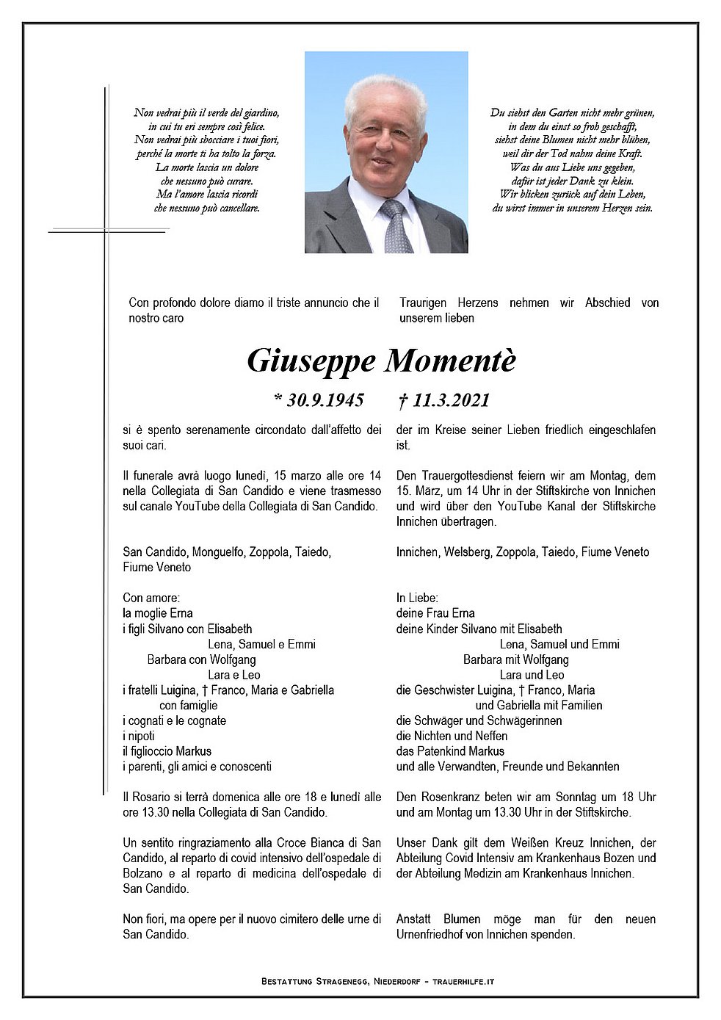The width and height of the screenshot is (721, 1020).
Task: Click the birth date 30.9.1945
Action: click(324, 400)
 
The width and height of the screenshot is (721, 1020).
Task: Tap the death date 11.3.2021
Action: click(450, 400)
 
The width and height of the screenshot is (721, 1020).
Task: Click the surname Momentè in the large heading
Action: click(450, 361)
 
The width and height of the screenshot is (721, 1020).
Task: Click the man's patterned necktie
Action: click(396, 227)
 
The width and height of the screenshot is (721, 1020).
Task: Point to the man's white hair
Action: click(385, 95)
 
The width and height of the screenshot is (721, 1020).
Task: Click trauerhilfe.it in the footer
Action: click(463, 981)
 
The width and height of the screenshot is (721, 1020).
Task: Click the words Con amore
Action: click(151, 598)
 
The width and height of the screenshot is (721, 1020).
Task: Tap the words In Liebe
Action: click(417, 598)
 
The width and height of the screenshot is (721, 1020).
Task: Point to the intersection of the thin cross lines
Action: click(106, 231)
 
